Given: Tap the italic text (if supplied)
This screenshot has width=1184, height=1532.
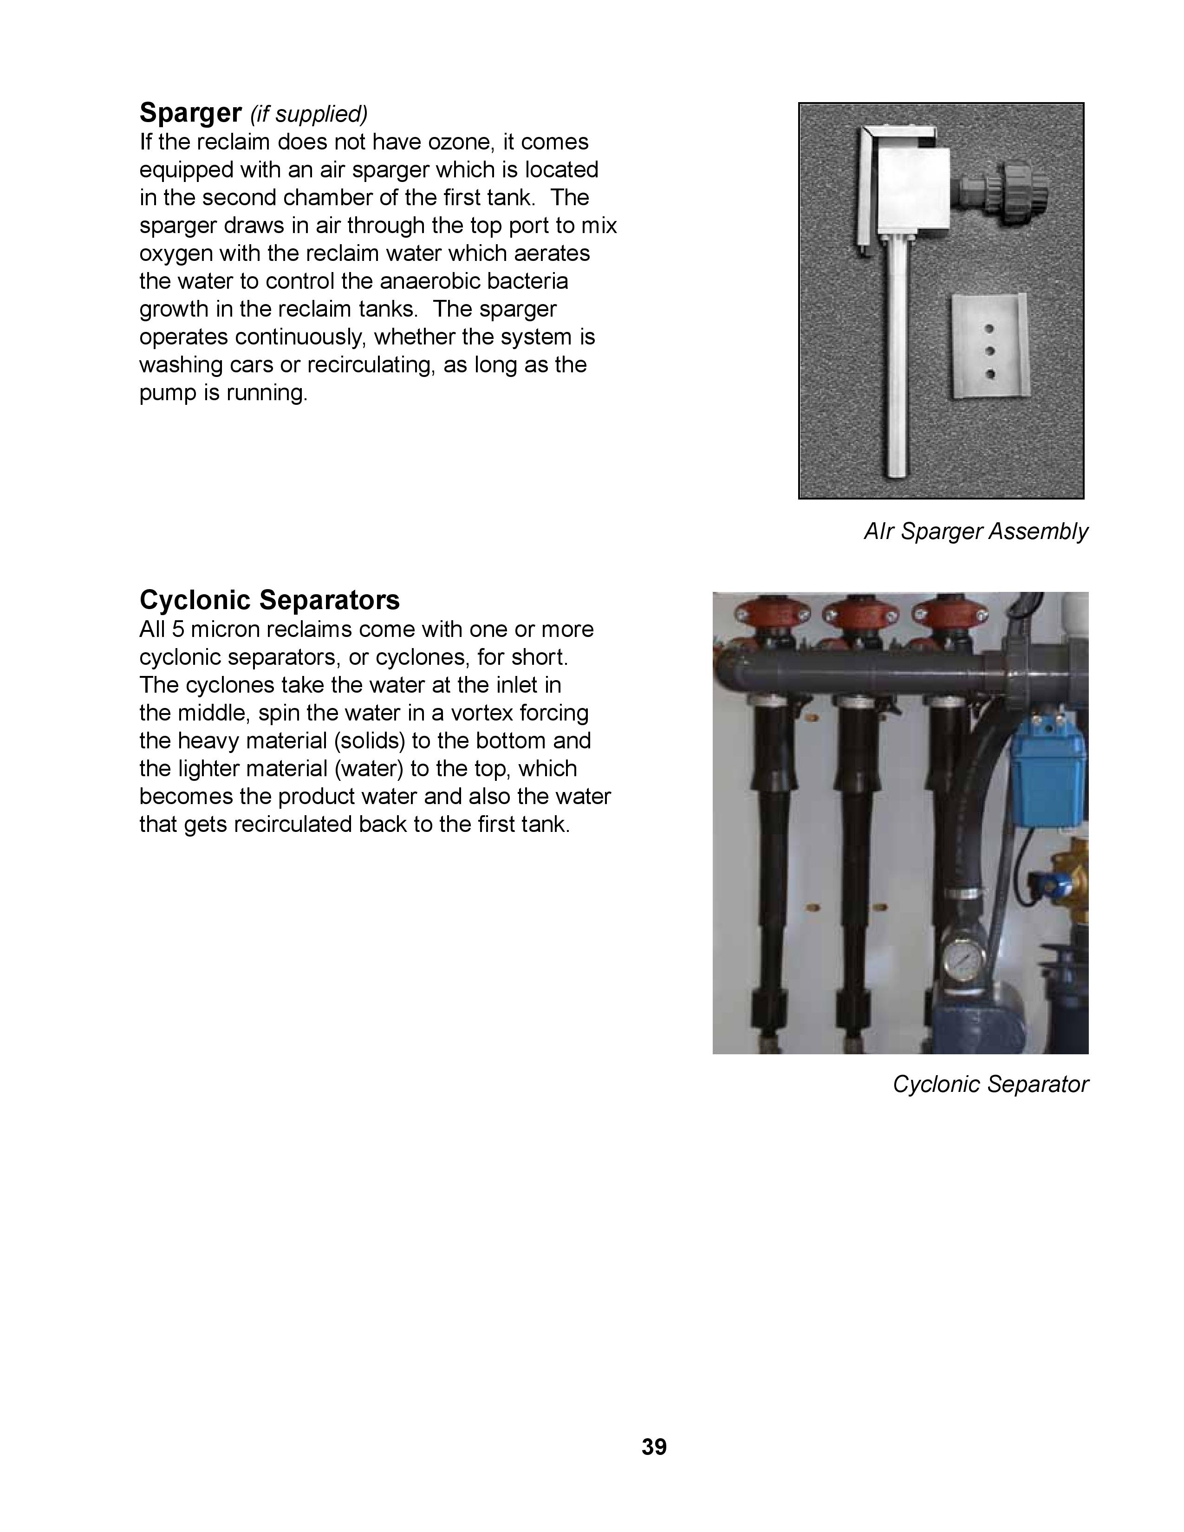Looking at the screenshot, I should [309, 114].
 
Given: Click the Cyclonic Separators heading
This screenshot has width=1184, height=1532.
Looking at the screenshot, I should [269, 600].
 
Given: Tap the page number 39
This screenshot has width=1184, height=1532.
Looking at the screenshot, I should [654, 1447].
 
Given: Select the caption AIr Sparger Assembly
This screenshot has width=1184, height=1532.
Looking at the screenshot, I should [976, 532].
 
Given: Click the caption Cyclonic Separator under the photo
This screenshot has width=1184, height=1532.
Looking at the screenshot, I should [990, 1084].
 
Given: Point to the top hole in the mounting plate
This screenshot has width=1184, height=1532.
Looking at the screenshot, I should [990, 328].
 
